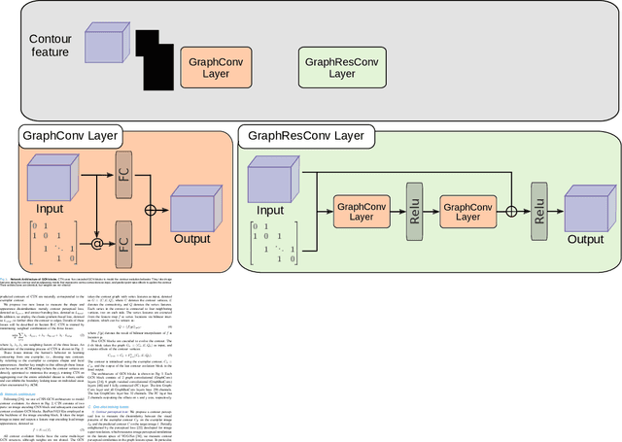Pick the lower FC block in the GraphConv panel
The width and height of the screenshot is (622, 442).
click(x=122, y=237)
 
